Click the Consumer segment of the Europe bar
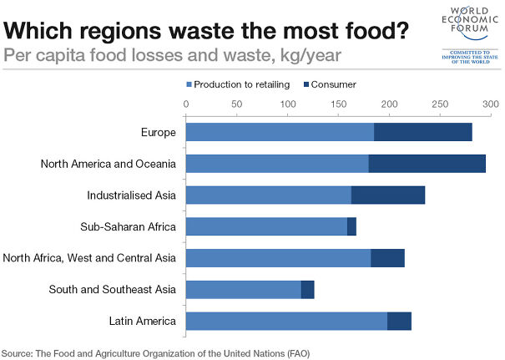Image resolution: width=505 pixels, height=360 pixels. click(x=423, y=132)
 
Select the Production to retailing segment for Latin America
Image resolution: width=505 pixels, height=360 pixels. click(x=286, y=321)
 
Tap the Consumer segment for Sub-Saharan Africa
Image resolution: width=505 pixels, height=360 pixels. click(x=351, y=226)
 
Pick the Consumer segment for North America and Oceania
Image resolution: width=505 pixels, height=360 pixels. click(x=427, y=164)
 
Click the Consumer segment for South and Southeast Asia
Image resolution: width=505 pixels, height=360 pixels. click(x=307, y=289)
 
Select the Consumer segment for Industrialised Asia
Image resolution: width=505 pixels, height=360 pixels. click(x=388, y=195)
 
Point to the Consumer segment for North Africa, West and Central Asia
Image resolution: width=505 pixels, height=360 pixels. click(x=387, y=258)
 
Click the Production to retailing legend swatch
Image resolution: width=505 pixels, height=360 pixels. click(x=189, y=85)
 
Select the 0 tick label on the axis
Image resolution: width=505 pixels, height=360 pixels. click(x=185, y=104)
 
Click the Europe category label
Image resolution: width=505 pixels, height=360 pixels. click(x=159, y=132)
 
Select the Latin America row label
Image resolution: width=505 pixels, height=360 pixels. click(x=142, y=321)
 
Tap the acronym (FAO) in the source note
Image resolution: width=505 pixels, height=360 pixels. click(x=295, y=353)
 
